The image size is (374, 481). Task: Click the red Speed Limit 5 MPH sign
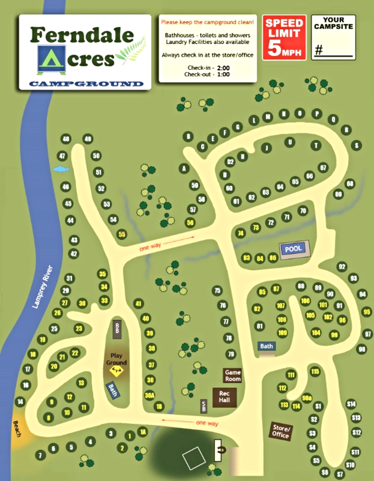pyautogui.click(x=284, y=37)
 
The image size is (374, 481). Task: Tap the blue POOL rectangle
pyautogui.click(x=293, y=249)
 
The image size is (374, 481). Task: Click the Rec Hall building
pyautogui.click(x=224, y=397)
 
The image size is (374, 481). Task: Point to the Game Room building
pyautogui.click(x=232, y=375)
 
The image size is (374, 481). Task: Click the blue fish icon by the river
pyautogui.click(x=61, y=169)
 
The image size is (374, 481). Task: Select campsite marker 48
pyautogui.click(x=65, y=139)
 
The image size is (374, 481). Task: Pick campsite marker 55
pyautogui.click(x=122, y=234)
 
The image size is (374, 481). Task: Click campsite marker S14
pyautogui.click(x=351, y=404)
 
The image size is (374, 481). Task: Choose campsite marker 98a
pyautogui.click(x=307, y=398)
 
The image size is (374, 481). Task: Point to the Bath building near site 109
pyautogui.click(x=266, y=346)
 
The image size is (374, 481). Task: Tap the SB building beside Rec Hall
pyautogui.click(x=204, y=406)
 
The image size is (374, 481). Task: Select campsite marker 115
pyautogui.click(x=315, y=372)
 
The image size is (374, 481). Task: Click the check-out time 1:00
pyautogui.click(x=223, y=74)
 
